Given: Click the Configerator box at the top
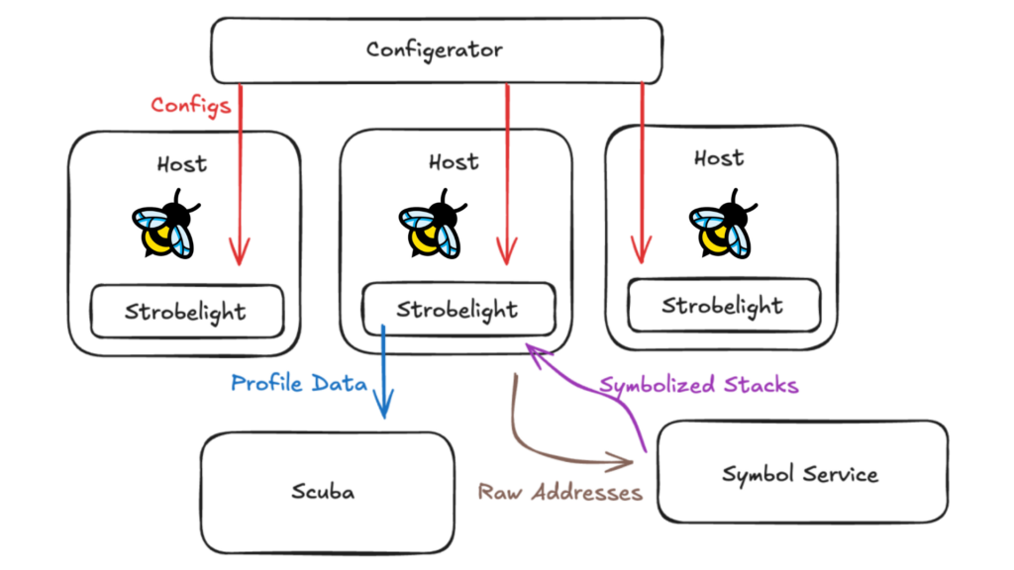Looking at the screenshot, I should [x=436, y=49].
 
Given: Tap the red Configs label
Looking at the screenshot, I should [x=191, y=105].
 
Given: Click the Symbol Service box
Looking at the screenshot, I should [x=800, y=473].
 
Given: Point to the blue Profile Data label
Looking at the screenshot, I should [x=298, y=383].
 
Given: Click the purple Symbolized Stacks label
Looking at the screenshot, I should [x=698, y=385].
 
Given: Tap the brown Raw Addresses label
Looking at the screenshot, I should [x=560, y=492].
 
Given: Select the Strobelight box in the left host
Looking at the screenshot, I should [x=186, y=312].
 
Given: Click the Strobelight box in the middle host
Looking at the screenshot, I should [x=456, y=309].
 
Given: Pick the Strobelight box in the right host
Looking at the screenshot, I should [x=723, y=305].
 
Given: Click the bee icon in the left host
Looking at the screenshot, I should [x=165, y=225].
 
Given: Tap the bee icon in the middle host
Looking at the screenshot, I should [x=432, y=225].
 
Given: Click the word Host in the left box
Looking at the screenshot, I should [x=182, y=163].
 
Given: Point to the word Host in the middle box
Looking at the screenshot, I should [x=454, y=160].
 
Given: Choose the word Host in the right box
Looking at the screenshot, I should [x=719, y=157].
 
